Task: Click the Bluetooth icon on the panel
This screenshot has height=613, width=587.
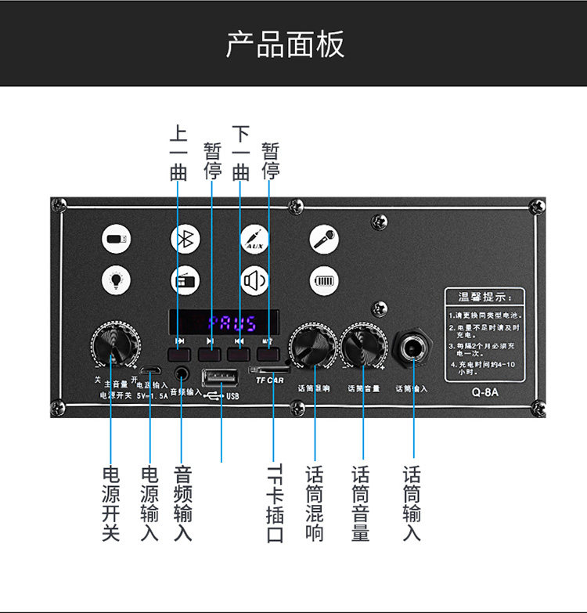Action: coord(185,240)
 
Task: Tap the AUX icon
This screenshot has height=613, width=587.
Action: coord(254,240)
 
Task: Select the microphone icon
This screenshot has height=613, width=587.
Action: coord(323,240)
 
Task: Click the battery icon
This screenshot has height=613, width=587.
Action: coord(323,280)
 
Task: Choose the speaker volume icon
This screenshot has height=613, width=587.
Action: coord(254,280)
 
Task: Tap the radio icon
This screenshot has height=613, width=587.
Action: coord(185,280)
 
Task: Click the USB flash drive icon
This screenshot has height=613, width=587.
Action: coord(116,240)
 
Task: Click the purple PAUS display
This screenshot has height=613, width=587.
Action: coord(224,323)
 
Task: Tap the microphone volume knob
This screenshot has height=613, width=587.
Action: coord(362,348)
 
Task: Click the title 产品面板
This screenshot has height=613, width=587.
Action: coord(286,45)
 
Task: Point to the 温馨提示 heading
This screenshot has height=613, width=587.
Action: coord(480,297)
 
